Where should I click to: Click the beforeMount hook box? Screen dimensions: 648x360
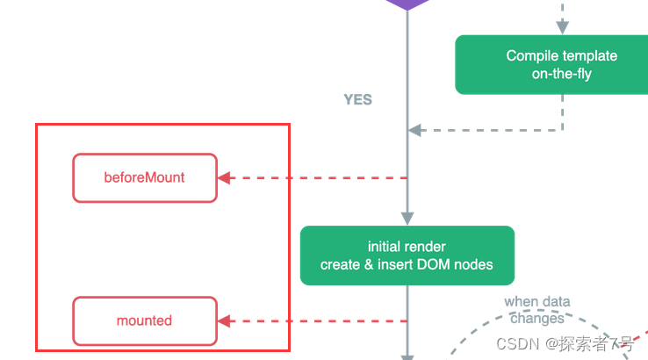pyautogui.click(x=145, y=177)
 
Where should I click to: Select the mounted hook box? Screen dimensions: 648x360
pyautogui.click(x=145, y=320)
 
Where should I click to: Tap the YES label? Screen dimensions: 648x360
pyautogui.click(x=358, y=99)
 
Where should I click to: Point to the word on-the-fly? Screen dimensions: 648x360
pyautogui.click(x=562, y=74)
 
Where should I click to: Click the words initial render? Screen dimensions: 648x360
pyautogui.click(x=407, y=247)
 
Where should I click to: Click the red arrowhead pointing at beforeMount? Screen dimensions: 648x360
pyautogui.click(x=224, y=177)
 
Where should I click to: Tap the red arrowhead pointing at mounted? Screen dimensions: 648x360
pyautogui.click(x=224, y=320)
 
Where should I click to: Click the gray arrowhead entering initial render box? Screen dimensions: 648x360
pyautogui.click(x=407, y=219)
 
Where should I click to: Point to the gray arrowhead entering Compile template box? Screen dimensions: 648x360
pyautogui.click(x=563, y=28)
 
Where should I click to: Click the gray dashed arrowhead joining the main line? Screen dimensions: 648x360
pyautogui.click(x=414, y=130)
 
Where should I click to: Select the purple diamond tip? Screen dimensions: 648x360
pyautogui.click(x=407, y=10)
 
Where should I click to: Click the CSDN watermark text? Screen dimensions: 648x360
pyautogui.click(x=565, y=343)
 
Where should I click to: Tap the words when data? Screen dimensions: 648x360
pyautogui.click(x=537, y=302)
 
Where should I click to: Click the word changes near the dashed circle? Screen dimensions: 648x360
pyautogui.click(x=537, y=318)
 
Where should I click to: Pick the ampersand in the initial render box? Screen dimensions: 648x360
pyautogui.click(x=369, y=264)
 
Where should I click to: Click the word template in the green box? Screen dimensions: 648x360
pyautogui.click(x=587, y=56)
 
